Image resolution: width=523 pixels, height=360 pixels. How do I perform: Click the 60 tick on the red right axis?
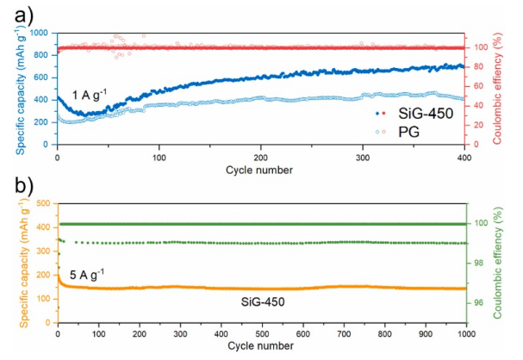tap(476, 86)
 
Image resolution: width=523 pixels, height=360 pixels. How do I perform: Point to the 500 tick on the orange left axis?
tap(43, 204)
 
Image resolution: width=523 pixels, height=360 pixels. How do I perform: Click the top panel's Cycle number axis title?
tap(260, 170)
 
